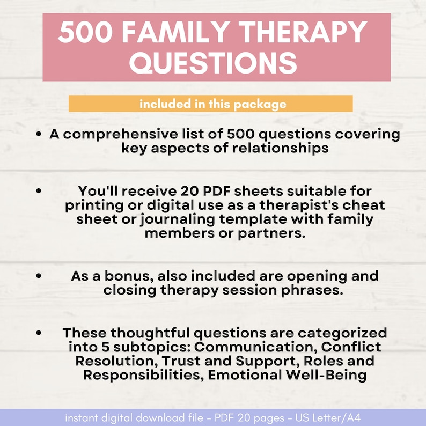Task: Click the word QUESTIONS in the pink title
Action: (214, 63)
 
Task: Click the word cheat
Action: (366, 205)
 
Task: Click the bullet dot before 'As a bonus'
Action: (39, 276)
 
